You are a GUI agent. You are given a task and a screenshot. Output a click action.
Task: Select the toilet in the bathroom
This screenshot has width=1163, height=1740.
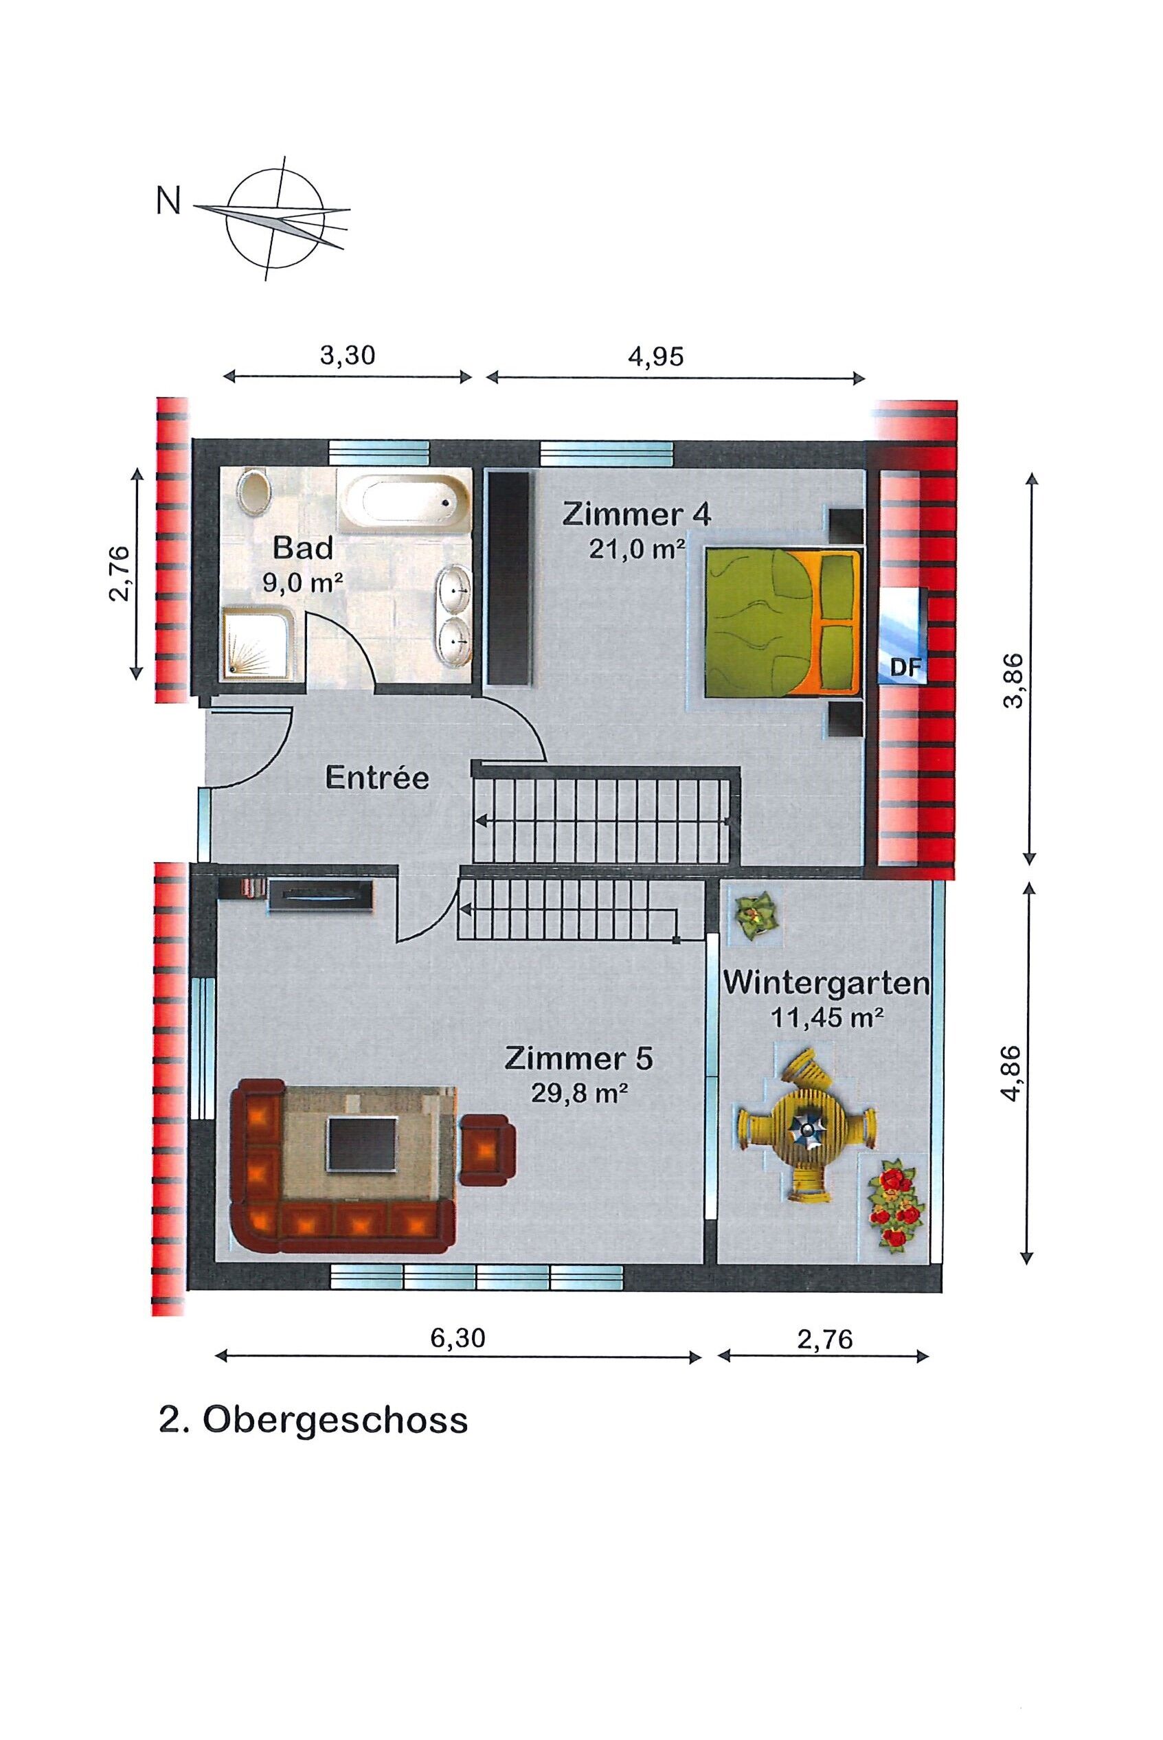pos(255,492)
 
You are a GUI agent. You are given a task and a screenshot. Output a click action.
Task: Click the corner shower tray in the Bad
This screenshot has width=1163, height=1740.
pos(260,642)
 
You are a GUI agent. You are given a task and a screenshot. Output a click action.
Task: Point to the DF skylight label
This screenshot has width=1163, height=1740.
pos(905,668)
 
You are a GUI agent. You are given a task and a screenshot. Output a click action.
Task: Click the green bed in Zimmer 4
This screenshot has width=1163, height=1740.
pos(782,622)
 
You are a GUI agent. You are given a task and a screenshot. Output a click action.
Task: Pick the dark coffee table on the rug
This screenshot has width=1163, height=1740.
pos(363,1144)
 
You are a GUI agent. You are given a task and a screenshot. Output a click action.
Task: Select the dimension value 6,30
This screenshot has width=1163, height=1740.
pos(458,1337)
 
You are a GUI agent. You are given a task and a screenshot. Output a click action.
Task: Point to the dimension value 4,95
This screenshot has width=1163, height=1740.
pos(655,356)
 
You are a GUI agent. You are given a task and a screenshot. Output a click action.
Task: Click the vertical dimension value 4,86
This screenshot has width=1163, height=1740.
pos(1013,1072)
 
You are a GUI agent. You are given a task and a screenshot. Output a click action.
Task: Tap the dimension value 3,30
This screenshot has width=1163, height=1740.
pos(347,355)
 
